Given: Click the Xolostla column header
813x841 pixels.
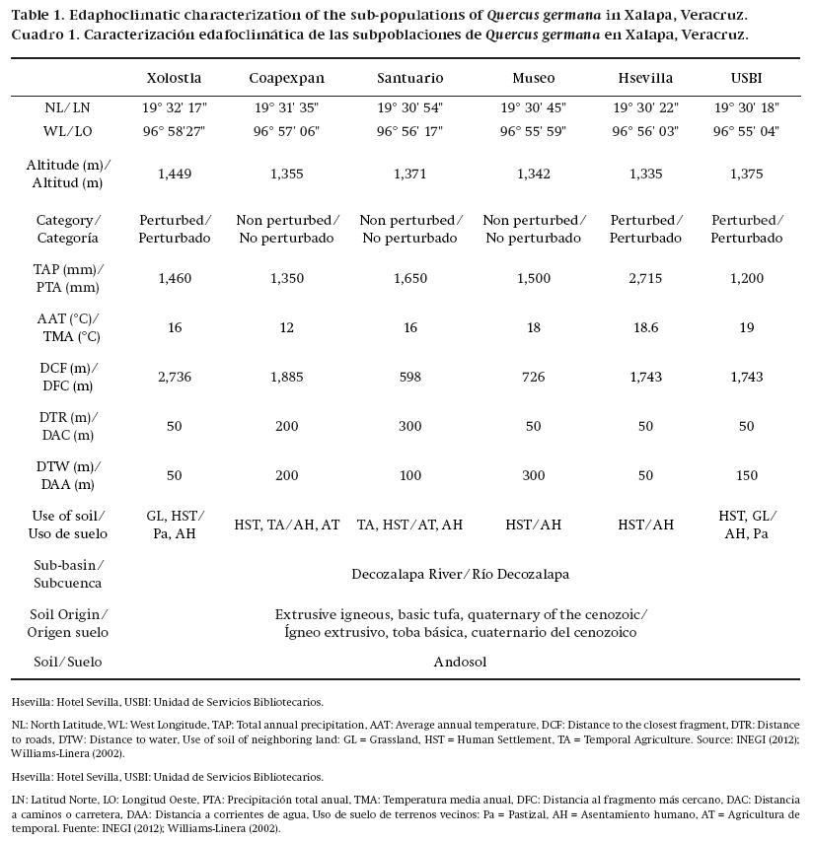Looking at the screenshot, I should [174, 78].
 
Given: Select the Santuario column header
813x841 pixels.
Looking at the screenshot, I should [410, 78].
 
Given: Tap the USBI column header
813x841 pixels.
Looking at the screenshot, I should [746, 78].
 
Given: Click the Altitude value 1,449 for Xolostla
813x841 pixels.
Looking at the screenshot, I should [175, 175].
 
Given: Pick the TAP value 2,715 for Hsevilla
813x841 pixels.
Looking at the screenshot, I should [645, 279].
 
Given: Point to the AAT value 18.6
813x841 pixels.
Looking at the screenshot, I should [645, 328].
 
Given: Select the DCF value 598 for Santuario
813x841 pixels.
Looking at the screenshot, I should [409, 378].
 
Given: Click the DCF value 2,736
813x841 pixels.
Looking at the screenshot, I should [175, 378].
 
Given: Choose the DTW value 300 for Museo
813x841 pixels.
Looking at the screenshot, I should [534, 476].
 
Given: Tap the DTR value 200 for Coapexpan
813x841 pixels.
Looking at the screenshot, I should [286, 427].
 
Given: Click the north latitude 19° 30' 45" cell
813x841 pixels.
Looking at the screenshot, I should [534, 107].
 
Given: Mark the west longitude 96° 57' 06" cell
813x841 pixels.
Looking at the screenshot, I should [286, 131].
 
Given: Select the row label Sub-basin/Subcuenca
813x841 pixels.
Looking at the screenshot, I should [68, 574].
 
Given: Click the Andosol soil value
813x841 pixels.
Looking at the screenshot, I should [460, 663].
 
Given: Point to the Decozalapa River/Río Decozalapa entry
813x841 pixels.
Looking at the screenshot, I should [460, 574].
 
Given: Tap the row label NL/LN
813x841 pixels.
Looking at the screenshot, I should [68, 107].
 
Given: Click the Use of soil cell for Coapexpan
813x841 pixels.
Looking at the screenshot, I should [286, 526].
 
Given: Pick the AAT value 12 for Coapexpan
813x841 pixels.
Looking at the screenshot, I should [286, 328].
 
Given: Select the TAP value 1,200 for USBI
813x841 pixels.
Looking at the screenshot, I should [746, 279].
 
